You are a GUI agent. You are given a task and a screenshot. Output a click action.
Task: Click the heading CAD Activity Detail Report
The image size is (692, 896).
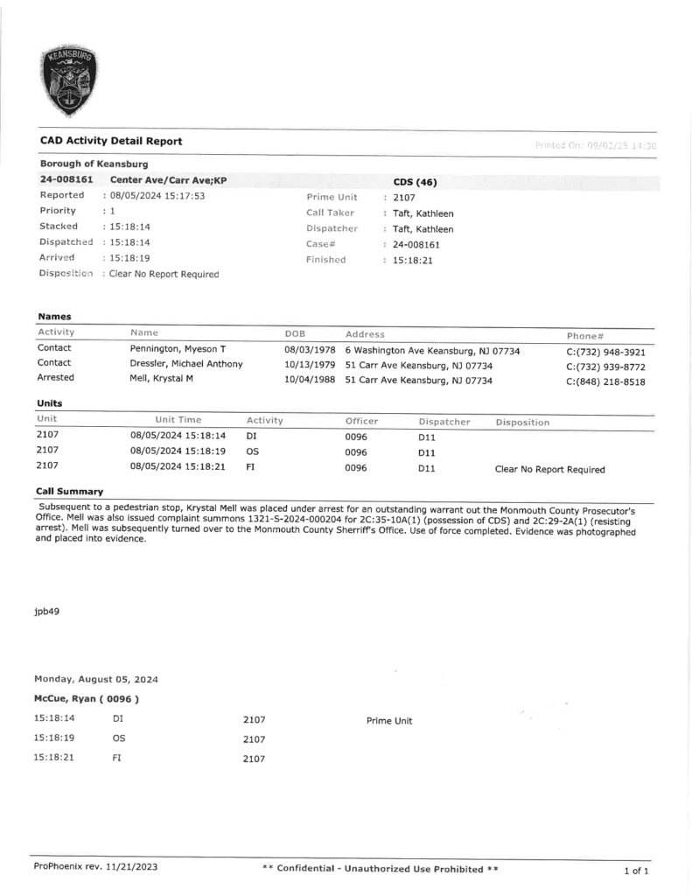111,141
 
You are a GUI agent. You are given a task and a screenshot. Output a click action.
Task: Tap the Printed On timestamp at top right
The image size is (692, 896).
595,145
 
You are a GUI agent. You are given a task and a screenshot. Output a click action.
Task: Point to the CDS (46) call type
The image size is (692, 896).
415,182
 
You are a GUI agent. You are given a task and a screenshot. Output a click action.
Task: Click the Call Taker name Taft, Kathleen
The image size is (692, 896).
423,213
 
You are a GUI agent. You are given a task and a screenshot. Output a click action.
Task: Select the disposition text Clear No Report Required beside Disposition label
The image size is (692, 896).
164,274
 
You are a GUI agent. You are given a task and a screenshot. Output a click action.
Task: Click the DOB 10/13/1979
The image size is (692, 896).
311,365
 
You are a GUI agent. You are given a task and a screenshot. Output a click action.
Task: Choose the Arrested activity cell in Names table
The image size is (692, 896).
55,379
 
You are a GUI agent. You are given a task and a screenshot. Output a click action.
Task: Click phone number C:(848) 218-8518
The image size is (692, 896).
605,381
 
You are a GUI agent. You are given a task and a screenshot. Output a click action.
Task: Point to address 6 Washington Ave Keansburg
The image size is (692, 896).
432,350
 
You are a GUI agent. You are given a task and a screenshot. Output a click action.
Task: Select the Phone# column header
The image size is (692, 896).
586,334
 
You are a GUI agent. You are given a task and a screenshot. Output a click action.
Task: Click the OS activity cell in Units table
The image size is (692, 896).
253,452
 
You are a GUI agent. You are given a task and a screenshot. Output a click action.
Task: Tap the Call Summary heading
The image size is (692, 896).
69,492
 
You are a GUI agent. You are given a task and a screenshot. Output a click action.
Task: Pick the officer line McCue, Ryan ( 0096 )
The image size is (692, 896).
87,699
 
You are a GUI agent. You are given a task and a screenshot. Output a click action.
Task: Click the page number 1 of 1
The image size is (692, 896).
636,870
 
